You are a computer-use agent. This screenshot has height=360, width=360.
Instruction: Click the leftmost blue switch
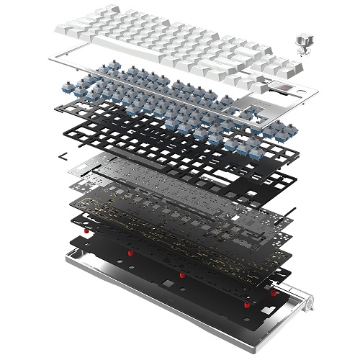point(78,75)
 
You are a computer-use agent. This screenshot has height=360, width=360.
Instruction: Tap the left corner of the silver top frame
point(53,59)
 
